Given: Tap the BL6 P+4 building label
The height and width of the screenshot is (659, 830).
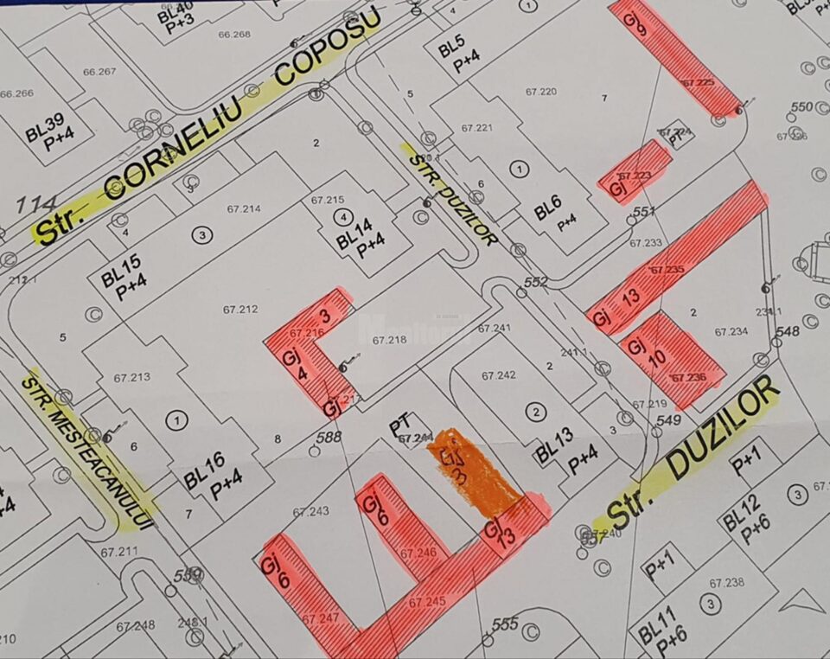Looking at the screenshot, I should click(x=555, y=213).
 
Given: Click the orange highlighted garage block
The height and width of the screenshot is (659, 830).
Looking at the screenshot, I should click(x=475, y=471).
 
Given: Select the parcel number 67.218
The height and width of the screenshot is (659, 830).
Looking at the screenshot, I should click(x=389, y=341).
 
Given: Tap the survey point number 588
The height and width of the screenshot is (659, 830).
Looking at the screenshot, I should click(x=329, y=437).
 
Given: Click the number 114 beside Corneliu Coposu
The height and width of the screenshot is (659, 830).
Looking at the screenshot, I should click(x=35, y=204).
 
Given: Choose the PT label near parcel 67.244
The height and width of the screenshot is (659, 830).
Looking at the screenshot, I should click(x=399, y=426).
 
